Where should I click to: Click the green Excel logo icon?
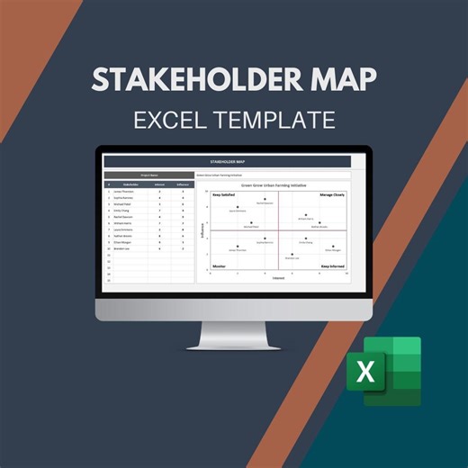pyautogui.click(x=384, y=371)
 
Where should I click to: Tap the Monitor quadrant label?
pyautogui.click(x=219, y=266)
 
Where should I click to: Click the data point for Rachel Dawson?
pyautogui.click(x=265, y=200)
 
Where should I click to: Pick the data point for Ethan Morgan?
pyautogui.click(x=334, y=247)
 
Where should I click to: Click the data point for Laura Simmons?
pyautogui.click(x=238, y=207)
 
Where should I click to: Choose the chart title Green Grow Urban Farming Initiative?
pyautogui.click(x=279, y=184)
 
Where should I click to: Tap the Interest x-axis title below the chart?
pyautogui.click(x=279, y=278)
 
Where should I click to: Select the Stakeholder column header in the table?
pyautogui.click(x=122, y=184)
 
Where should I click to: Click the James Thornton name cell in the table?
pyautogui.click(x=123, y=191)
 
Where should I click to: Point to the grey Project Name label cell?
pyautogui.click(x=148, y=175)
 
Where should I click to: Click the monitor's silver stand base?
pyautogui.click(x=233, y=345)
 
